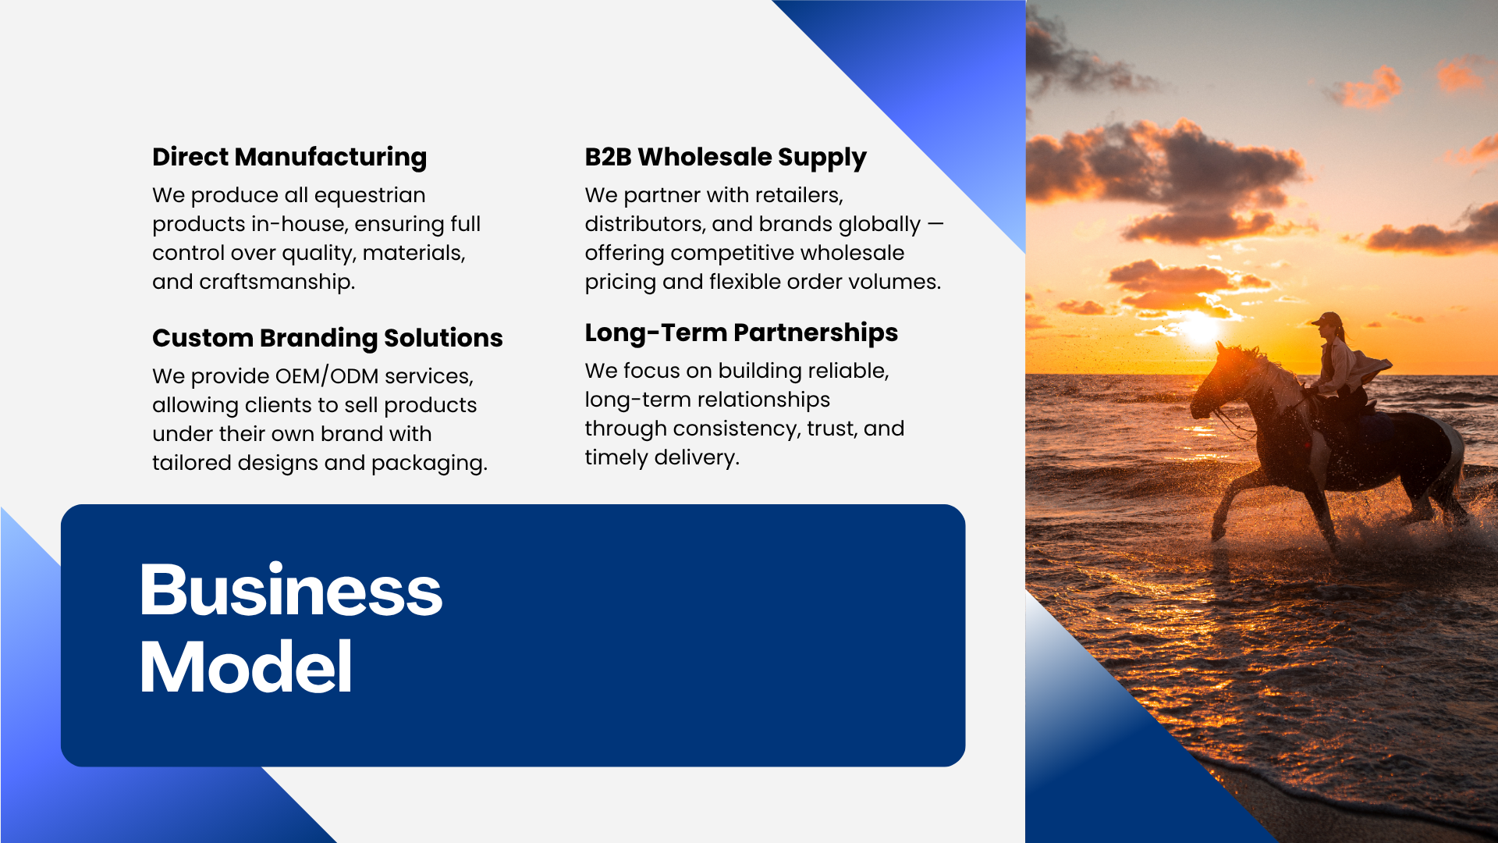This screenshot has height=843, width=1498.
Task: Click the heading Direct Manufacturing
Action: coord(289,157)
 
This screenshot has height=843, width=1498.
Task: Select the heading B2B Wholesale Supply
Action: coord(726,157)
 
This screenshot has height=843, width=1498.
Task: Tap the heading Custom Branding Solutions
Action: coord(328,338)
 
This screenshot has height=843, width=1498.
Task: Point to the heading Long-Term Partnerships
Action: coord(741,333)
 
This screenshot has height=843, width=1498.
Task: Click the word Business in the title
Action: coord(291,590)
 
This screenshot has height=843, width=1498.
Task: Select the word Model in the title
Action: coord(246,667)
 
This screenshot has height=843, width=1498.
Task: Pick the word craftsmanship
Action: coord(277,282)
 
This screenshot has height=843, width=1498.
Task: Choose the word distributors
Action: coord(645,224)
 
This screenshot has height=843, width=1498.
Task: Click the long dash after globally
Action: coord(935,225)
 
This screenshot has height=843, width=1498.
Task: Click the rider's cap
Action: coord(1327,318)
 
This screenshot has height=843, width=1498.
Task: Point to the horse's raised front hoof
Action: coord(1218,534)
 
